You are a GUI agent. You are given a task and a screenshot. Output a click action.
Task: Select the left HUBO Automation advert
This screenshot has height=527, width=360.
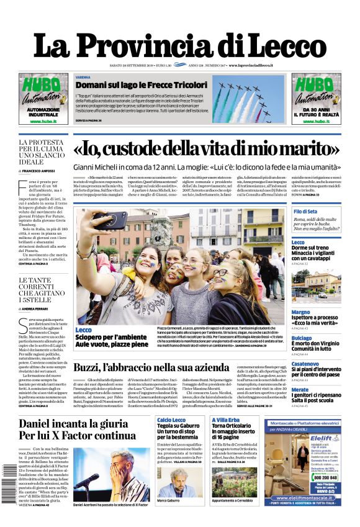coord(43,99)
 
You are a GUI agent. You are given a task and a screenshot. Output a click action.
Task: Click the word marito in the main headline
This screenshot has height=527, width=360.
coord(302,149)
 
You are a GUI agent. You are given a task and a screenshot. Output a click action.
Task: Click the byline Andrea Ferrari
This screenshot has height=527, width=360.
coord(39,308)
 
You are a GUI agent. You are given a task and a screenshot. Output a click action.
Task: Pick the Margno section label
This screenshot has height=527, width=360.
coord(300,312)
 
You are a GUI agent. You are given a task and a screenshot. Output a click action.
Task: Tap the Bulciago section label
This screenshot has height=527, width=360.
coord(302,338)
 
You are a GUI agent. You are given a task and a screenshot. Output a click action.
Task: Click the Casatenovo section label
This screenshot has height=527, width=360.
coord(305,364)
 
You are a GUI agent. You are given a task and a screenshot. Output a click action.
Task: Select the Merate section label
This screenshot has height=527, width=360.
coord(300,389)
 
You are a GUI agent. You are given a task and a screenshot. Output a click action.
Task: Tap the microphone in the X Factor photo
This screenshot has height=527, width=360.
coord(90,479)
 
